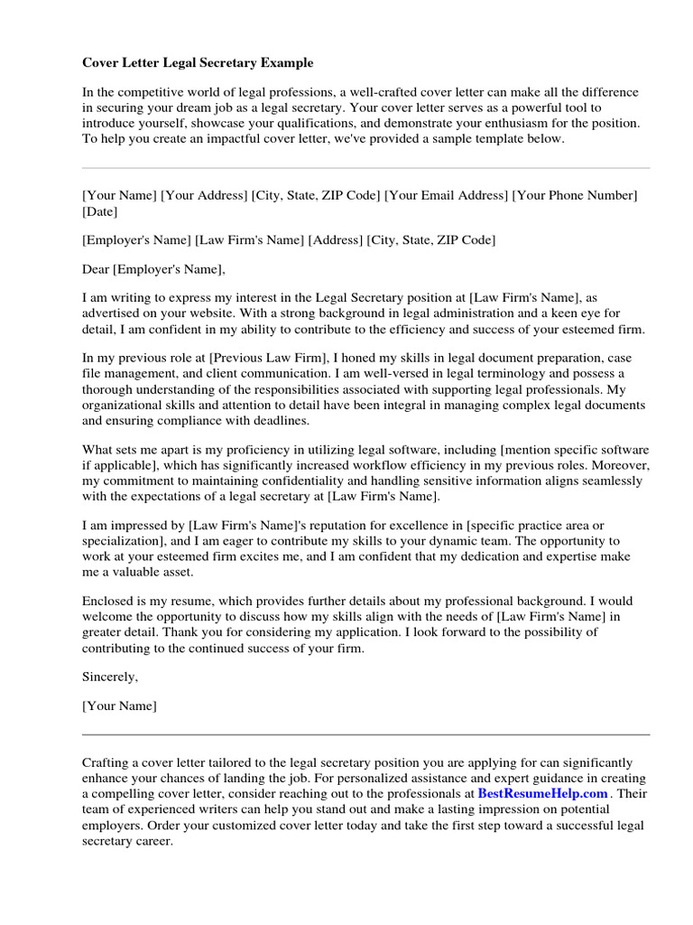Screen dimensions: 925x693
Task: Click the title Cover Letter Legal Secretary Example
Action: tap(198, 63)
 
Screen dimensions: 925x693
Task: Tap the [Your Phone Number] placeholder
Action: tap(576, 195)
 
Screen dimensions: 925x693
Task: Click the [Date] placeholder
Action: tap(99, 212)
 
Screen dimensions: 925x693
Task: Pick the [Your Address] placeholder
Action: tap(204, 195)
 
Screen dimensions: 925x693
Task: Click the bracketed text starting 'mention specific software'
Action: tap(575, 449)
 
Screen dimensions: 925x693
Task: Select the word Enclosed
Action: tap(109, 601)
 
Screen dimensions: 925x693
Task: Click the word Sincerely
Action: tap(110, 676)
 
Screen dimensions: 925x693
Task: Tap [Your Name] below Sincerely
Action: tap(119, 705)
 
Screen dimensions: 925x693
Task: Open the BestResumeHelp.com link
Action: tap(542, 793)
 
